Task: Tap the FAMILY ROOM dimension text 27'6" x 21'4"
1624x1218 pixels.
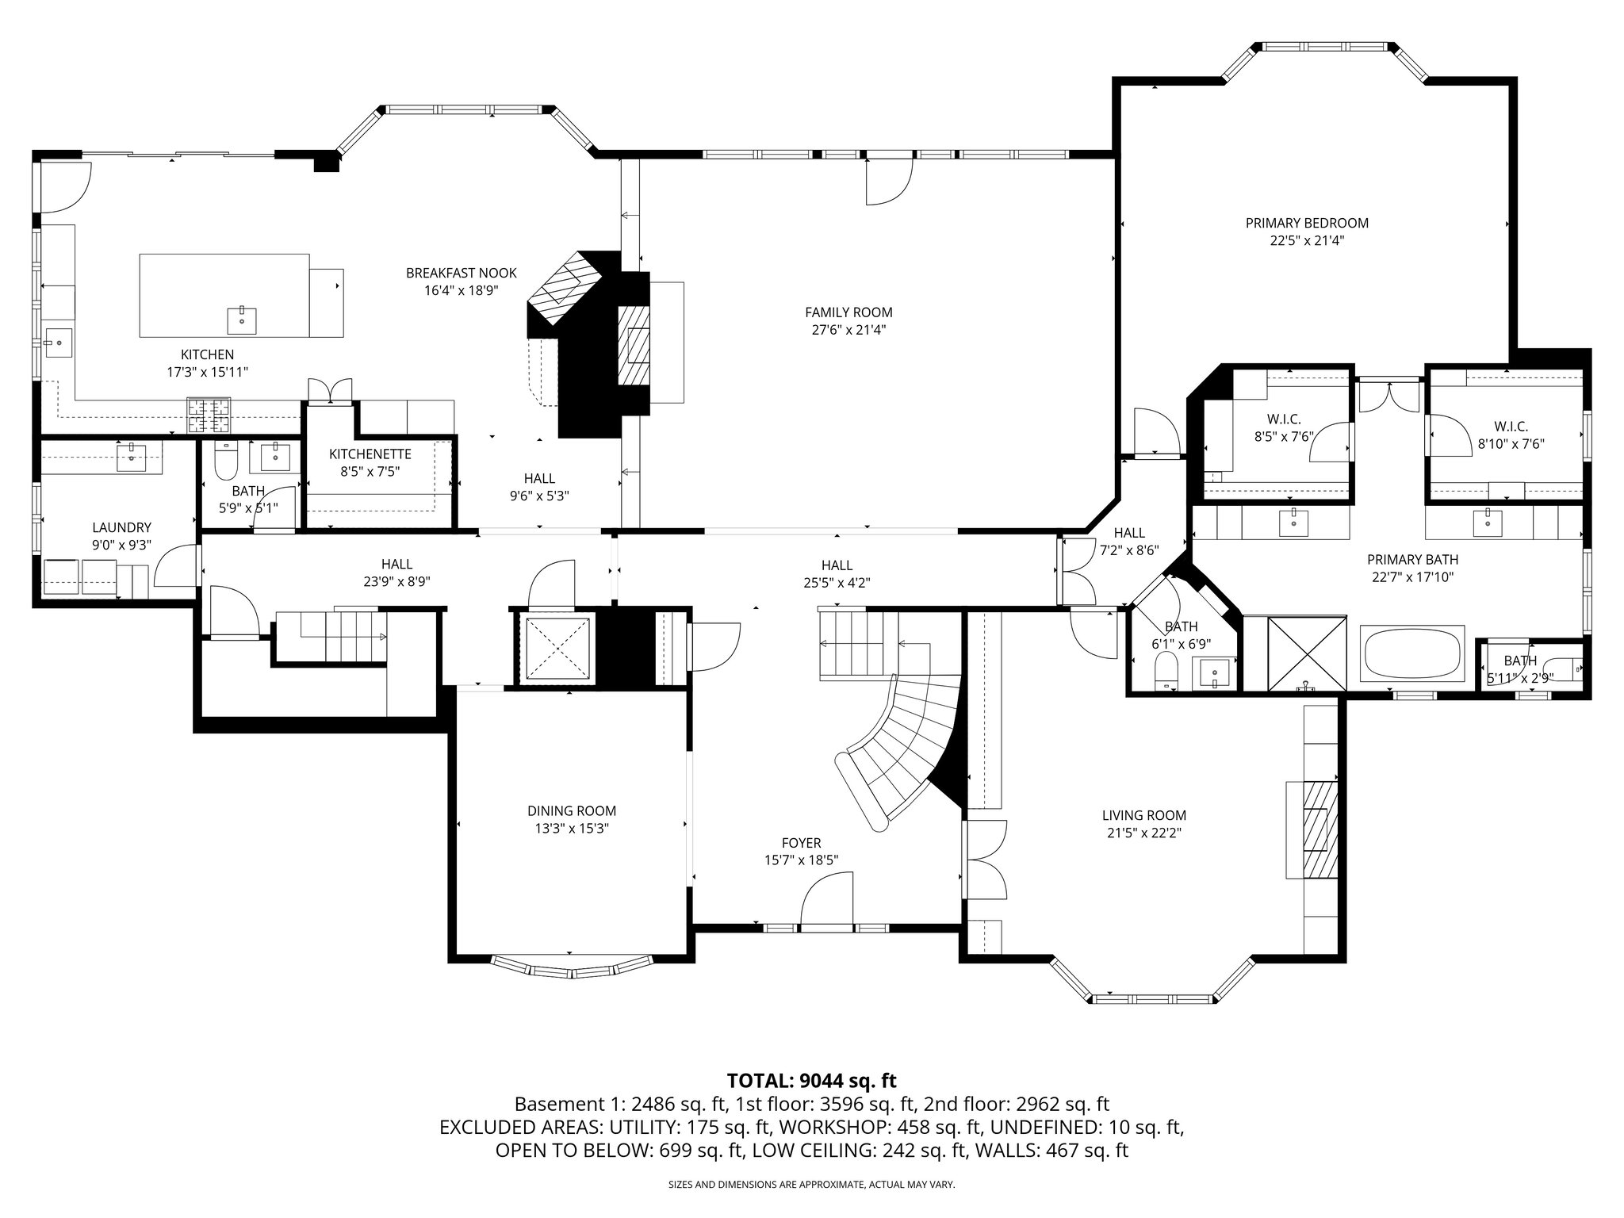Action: coord(848,330)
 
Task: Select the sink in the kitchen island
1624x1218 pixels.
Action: coord(242,320)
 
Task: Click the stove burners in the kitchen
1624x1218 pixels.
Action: coord(209,414)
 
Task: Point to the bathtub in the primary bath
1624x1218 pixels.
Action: coord(1412,653)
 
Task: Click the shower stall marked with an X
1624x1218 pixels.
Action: coord(1307,653)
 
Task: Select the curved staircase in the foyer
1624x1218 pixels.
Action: coord(904,753)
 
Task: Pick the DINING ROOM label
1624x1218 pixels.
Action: coord(572,811)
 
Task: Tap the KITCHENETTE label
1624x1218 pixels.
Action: coord(370,454)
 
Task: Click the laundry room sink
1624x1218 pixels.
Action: coord(130,456)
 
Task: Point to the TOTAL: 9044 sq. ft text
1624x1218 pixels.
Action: coord(811,1080)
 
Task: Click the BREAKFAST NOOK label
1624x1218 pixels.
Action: coord(461,273)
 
